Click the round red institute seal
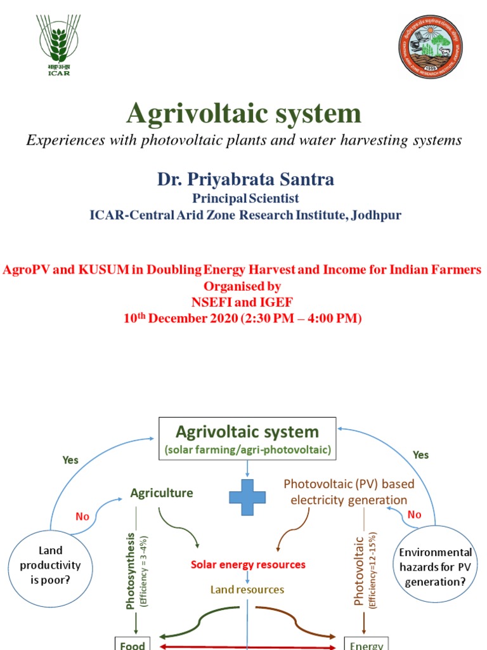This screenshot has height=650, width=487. pyautogui.click(x=431, y=45)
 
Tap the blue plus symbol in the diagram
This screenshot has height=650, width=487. pyautogui.click(x=247, y=497)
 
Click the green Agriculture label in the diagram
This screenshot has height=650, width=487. pyautogui.click(x=162, y=493)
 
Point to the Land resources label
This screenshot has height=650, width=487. pyautogui.click(x=247, y=590)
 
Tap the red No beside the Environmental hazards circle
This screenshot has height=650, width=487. pyautogui.click(x=414, y=515)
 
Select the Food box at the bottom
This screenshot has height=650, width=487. pyautogui.click(x=130, y=644)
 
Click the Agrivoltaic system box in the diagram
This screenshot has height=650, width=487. pyautogui.click(x=247, y=438)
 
